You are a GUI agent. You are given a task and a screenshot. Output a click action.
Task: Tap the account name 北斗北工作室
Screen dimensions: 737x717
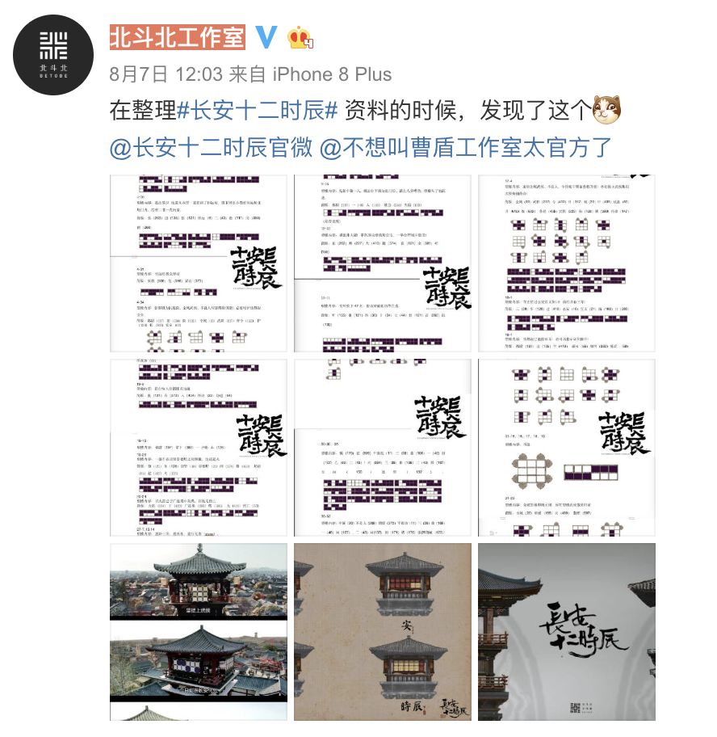(178, 37)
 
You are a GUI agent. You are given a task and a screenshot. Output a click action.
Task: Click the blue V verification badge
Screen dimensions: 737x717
(266, 37)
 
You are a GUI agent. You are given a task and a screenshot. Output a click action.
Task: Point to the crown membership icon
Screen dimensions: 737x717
(300, 38)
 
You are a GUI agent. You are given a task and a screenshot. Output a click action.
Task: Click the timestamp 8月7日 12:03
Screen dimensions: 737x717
(166, 75)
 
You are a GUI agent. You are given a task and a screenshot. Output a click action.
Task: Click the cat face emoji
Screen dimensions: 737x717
(606, 110)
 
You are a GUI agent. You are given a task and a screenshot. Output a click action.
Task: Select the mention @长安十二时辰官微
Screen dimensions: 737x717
(210, 149)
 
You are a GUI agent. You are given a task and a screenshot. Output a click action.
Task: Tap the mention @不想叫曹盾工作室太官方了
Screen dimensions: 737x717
(466, 149)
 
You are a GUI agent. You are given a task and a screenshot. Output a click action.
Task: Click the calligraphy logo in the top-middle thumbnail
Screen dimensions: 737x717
(447, 284)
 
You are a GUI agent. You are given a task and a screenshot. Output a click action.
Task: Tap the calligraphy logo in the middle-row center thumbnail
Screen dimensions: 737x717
(439, 417)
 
